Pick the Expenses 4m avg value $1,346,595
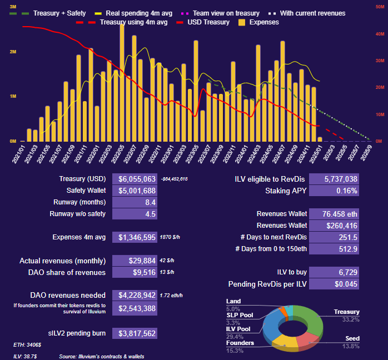pyautogui.click(x=135, y=237)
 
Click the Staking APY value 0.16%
pyautogui.click(x=334, y=191)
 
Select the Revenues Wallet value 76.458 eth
pyautogui.click(x=334, y=214)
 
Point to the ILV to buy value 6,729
pyautogui.click(x=334, y=272)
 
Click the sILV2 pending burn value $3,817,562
pyautogui.click(x=135, y=333)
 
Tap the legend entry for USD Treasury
pyautogui.click(x=202, y=22)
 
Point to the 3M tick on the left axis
pyautogui.click(x=12, y=6)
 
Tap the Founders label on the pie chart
pyautogui.click(x=241, y=343)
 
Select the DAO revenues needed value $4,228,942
pyautogui.click(x=135, y=294)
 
